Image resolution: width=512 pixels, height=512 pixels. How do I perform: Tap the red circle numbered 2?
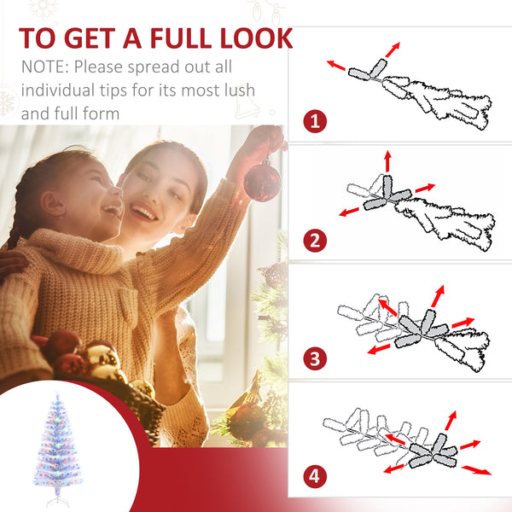click(316, 240)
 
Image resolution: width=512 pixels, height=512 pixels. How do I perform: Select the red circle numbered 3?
click(316, 358)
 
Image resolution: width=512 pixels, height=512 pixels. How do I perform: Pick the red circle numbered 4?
click(316, 475)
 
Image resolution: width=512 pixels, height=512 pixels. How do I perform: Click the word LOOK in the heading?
click(254, 38)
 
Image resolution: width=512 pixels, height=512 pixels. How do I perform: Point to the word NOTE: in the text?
click(46, 67)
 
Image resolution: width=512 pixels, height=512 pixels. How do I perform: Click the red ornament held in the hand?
click(262, 181)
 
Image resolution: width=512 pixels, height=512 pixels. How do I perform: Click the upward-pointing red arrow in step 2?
click(387, 160)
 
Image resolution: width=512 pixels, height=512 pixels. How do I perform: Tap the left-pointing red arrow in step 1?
click(336, 65)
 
